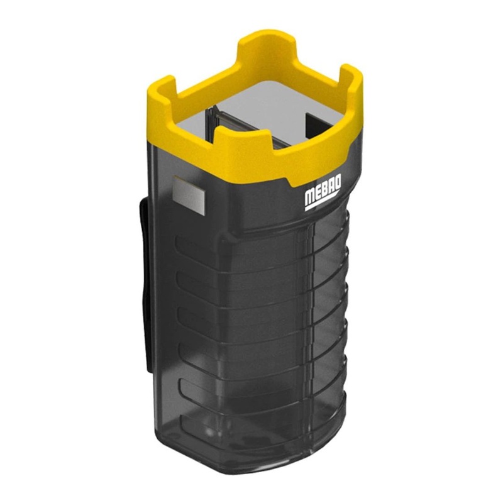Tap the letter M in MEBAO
click(309, 198)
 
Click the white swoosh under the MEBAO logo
click(322, 201)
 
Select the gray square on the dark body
click(189, 196)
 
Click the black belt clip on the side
click(145, 286)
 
